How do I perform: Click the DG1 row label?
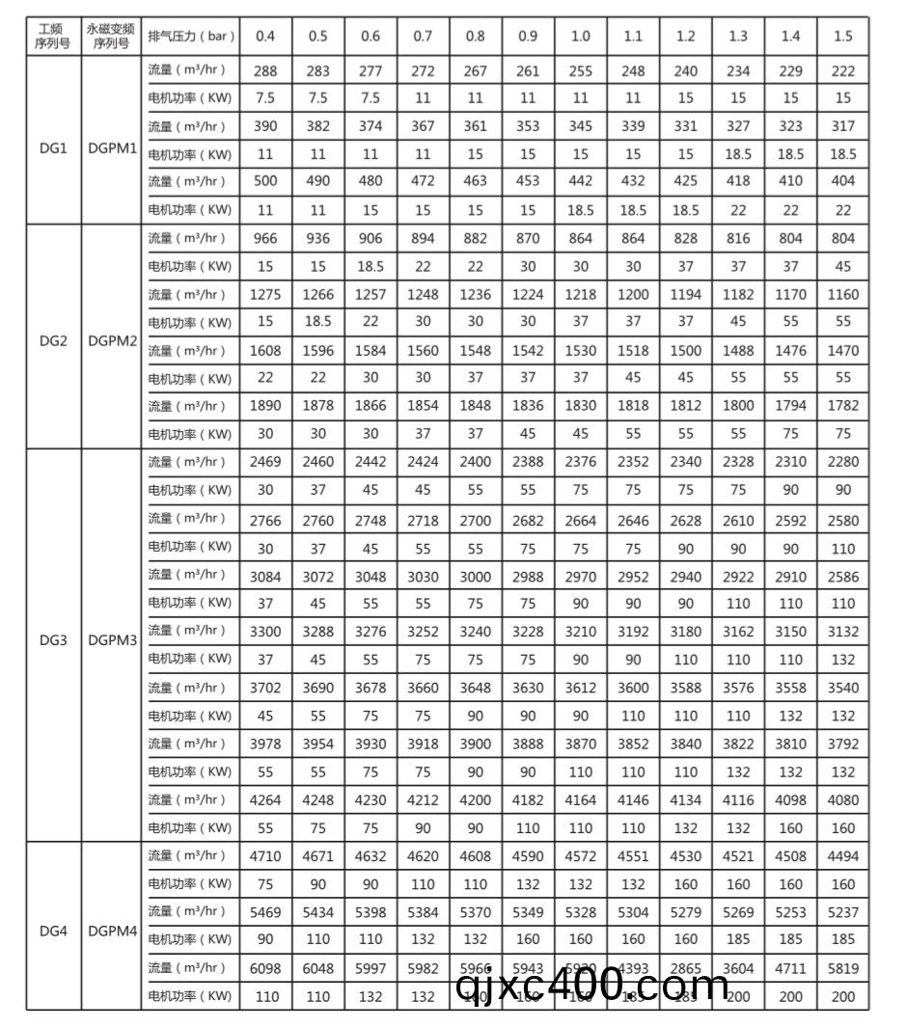click(x=52, y=152)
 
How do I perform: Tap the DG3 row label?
click(x=52, y=639)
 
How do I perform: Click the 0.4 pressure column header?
click(x=265, y=36)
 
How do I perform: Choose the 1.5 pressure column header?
click(x=842, y=36)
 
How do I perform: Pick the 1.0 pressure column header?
click(x=580, y=36)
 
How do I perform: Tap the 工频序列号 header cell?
click(x=52, y=36)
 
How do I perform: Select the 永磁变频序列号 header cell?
click(x=110, y=36)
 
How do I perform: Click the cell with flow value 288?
click(x=265, y=69)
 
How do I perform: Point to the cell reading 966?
click(x=265, y=238)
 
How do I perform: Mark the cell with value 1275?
click(x=265, y=294)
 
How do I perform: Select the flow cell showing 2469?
click(x=265, y=462)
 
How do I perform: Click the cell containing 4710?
click(x=265, y=855)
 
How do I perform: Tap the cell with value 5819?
click(x=842, y=968)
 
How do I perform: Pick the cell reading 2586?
click(x=842, y=575)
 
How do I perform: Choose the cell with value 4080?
click(x=842, y=799)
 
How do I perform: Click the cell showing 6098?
click(x=265, y=968)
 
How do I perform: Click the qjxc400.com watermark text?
click(x=592, y=985)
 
